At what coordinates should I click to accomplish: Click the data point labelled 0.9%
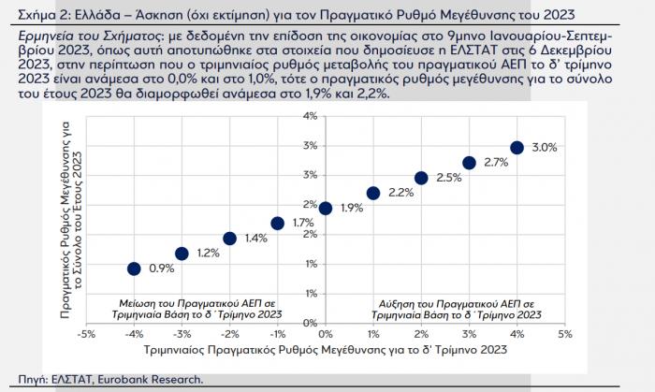pyautogui.click(x=134, y=269)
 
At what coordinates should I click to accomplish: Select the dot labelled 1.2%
pyautogui.click(x=182, y=254)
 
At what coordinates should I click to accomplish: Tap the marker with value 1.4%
pyautogui.click(x=229, y=239)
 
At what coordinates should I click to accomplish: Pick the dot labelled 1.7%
pyautogui.click(x=277, y=223)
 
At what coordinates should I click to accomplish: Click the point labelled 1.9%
pyautogui.click(x=326, y=208)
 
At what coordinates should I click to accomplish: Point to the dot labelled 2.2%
pyautogui.click(x=373, y=193)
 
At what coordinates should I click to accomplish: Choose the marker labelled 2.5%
pyautogui.click(x=421, y=178)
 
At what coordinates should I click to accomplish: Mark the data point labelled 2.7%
pyautogui.click(x=469, y=163)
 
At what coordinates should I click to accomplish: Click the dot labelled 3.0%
pyautogui.click(x=517, y=147)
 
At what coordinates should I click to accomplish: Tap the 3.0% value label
pyautogui.click(x=545, y=148)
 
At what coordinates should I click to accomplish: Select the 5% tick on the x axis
pyautogui.click(x=564, y=333)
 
